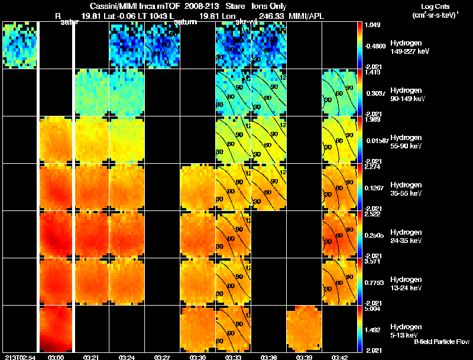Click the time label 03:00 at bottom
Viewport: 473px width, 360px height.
[56, 357]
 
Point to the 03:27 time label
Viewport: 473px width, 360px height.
[162, 357]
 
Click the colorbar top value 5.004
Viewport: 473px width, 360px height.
[372, 309]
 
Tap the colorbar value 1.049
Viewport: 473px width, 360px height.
[372, 25]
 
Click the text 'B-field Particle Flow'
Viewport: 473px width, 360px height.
[442, 342]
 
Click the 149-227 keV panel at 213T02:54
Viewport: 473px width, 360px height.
[20, 46]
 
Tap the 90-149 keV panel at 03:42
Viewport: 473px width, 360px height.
[339, 93]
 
